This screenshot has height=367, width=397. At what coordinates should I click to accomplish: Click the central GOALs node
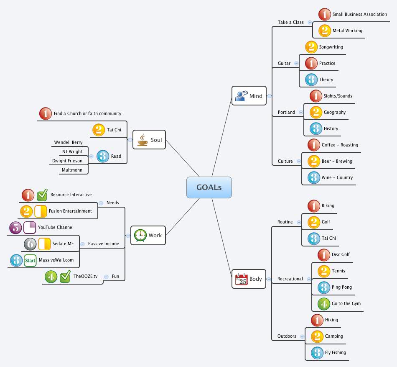tap(209, 187)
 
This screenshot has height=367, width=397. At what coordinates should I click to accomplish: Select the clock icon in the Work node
tap(140, 235)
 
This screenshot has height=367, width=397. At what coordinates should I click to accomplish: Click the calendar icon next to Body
tap(241, 279)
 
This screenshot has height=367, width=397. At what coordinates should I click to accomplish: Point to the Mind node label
tap(256, 96)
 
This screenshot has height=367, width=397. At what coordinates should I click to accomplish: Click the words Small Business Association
tap(359, 14)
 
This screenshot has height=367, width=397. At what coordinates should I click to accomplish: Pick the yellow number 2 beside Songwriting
tap(311, 47)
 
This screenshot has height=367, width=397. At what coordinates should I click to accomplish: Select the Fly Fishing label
tap(335, 352)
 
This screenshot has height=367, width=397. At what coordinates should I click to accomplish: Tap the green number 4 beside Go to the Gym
tap(323, 303)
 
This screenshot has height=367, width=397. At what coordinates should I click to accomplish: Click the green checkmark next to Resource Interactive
tap(42, 195)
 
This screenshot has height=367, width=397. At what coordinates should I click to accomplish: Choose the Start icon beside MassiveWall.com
tap(30, 260)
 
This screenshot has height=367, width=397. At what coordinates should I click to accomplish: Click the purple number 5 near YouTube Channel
tap(15, 227)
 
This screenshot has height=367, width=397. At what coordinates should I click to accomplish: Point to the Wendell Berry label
tap(68, 143)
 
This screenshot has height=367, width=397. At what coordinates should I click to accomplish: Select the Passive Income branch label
tap(103, 244)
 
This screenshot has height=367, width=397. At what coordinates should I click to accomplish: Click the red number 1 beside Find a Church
tap(45, 113)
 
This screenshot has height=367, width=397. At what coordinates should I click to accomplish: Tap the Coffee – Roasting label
tap(340, 145)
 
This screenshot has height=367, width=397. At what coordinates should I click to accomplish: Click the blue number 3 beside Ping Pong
tap(323, 287)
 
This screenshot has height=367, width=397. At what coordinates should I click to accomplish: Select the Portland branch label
tap(286, 112)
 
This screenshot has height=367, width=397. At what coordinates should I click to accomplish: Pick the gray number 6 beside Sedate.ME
tap(30, 244)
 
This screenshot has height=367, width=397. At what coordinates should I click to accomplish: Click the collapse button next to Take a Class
tap(309, 22)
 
